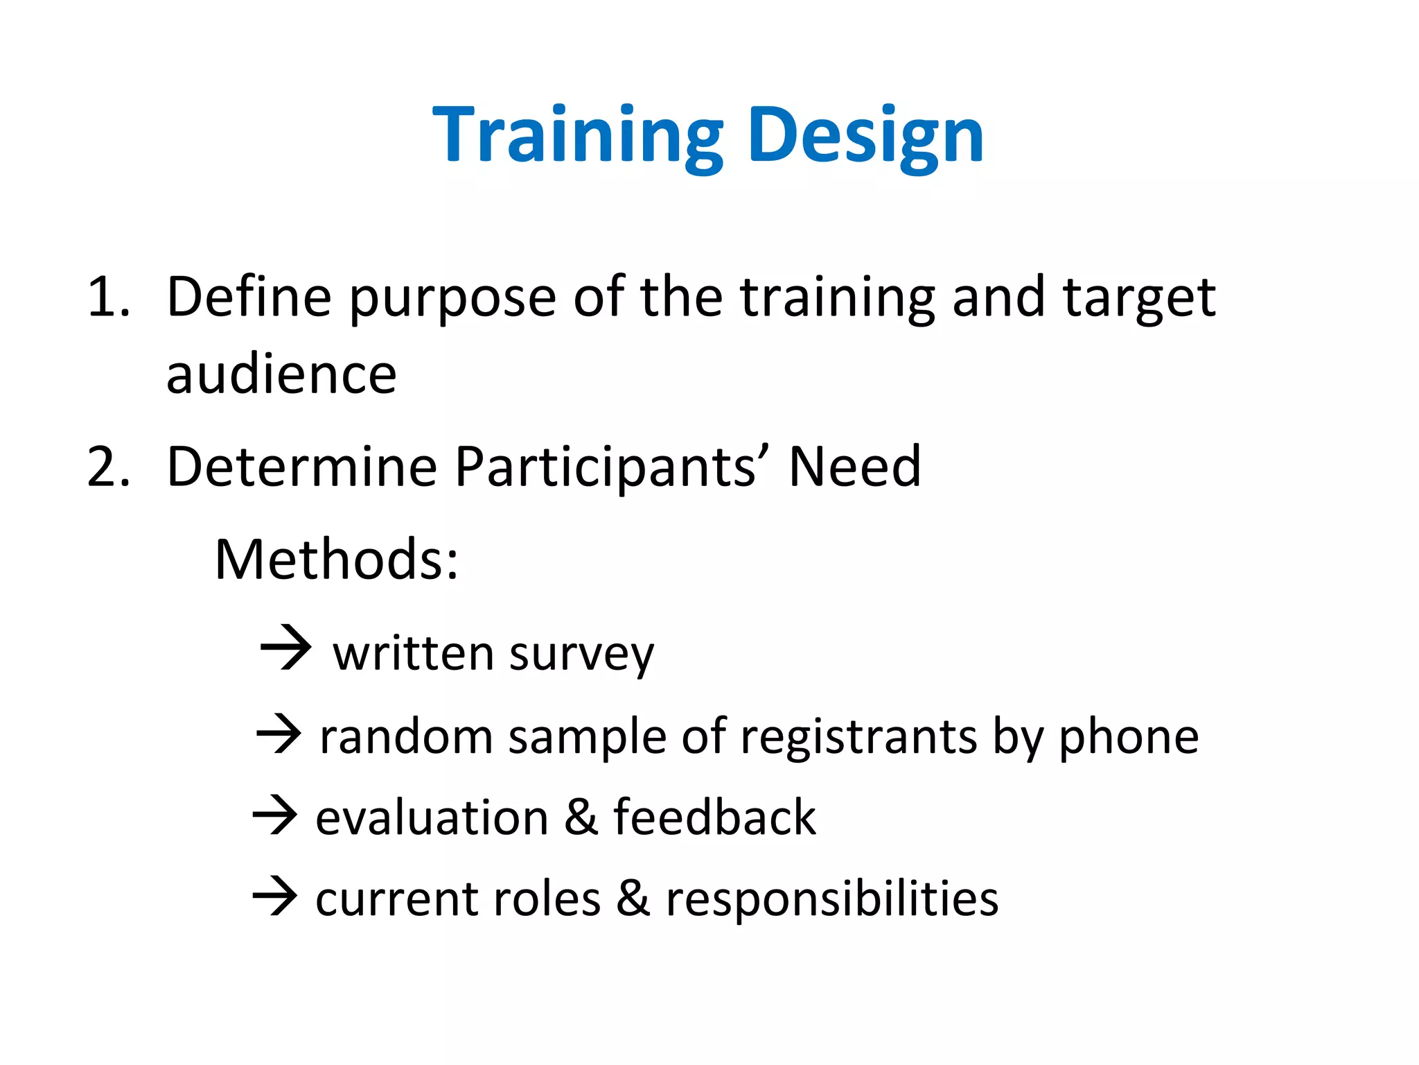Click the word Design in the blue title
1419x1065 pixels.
tap(866, 135)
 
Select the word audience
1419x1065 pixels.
tap(281, 374)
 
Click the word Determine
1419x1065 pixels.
tap(301, 467)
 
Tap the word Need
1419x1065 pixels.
tap(855, 467)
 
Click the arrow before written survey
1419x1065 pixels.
tap(285, 648)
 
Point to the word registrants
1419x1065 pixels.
tap(859, 738)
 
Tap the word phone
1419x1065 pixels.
tap(1129, 738)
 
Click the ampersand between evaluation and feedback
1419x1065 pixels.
tap(581, 817)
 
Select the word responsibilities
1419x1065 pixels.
tap(831, 900)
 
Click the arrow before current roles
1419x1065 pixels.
tap(275, 896)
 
